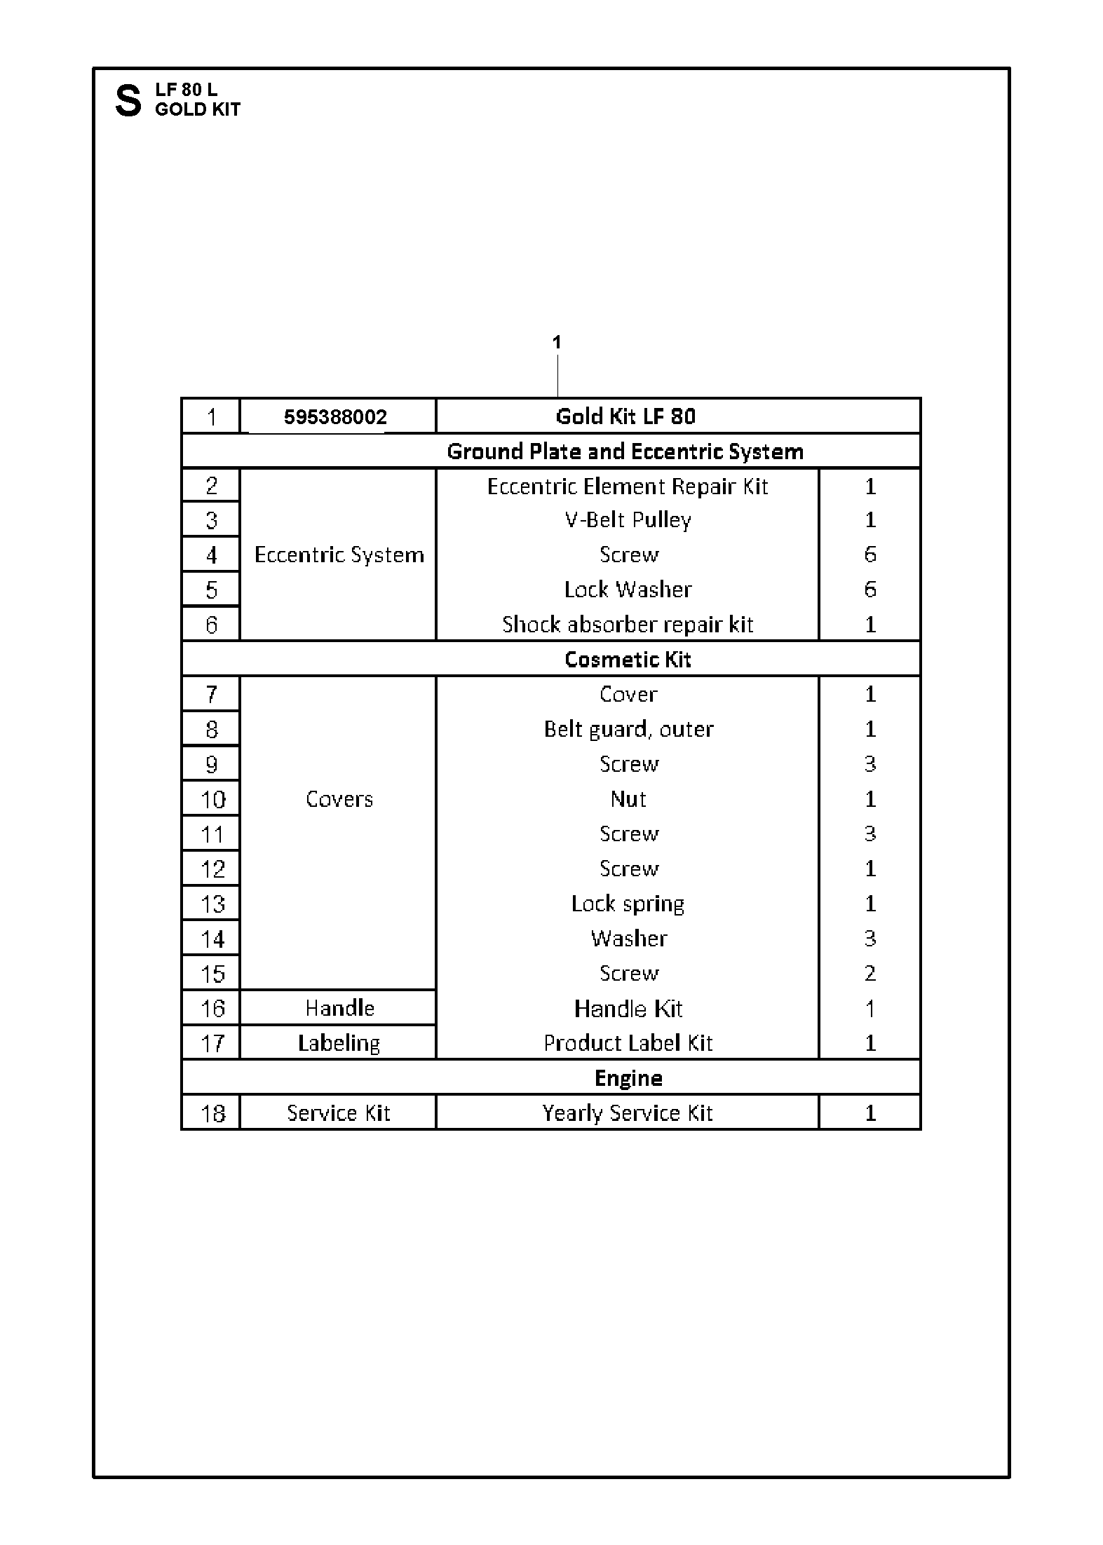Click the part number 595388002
(x=335, y=417)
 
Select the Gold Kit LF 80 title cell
(x=625, y=416)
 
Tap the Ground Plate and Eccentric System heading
(x=625, y=451)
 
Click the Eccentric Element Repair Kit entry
(x=628, y=486)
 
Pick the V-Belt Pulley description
(x=628, y=520)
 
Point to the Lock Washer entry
(x=628, y=590)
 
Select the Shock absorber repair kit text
(x=628, y=625)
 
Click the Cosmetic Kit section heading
(x=628, y=660)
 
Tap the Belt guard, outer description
(x=628, y=730)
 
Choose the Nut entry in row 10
(x=628, y=799)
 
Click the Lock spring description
(x=628, y=904)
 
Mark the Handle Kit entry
(x=628, y=1009)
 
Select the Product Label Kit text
(x=628, y=1043)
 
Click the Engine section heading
(x=628, y=1078)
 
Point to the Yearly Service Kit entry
(x=628, y=1113)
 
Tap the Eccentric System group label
(x=339, y=555)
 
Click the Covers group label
(x=339, y=799)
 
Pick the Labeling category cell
(x=339, y=1043)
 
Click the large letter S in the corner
(x=128, y=101)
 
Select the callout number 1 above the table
(x=557, y=343)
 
